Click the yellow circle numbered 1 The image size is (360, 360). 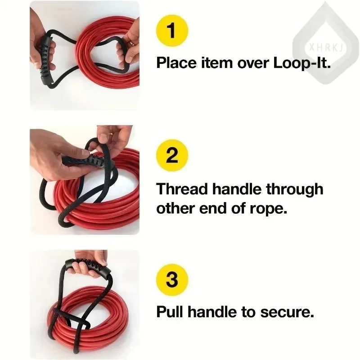(x=172, y=31)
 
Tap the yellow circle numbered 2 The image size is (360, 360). (x=172, y=155)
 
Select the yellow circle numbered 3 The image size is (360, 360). (x=172, y=279)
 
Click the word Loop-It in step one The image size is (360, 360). (x=301, y=63)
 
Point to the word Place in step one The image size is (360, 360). (x=176, y=62)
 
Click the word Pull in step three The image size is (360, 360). (x=171, y=312)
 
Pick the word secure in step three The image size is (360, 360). (x=287, y=312)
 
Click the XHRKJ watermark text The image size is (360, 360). (x=325, y=48)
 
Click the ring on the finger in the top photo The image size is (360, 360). (x=131, y=42)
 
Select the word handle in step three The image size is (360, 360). (x=212, y=312)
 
